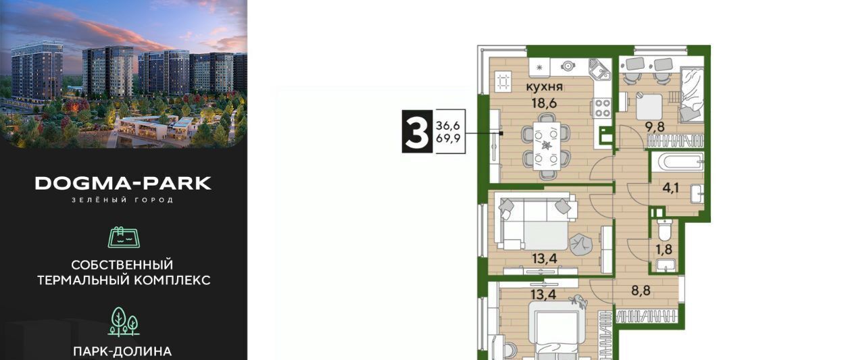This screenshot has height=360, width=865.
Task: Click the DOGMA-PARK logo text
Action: pyautogui.click(x=123, y=183)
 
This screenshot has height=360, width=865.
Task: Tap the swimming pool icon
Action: pyautogui.click(x=124, y=237)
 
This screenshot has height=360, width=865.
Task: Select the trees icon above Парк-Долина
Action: pyautogui.click(x=124, y=322)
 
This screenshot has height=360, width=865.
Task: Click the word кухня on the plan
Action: pyautogui.click(x=545, y=87)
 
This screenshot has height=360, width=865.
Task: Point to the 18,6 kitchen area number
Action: pyautogui.click(x=543, y=103)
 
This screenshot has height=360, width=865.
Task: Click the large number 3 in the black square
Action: pyautogui.click(x=417, y=132)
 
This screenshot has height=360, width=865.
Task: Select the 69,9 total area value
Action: pyautogui.click(x=448, y=138)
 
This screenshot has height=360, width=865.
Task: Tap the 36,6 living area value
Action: pyautogui.click(x=448, y=125)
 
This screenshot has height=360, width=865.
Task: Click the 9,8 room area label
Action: pyautogui.click(x=656, y=127)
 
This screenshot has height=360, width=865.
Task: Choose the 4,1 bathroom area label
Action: pyautogui.click(x=670, y=188)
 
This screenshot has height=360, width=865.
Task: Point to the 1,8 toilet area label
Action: pyautogui.click(x=664, y=250)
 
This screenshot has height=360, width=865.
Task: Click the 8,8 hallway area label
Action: pyautogui.click(x=641, y=290)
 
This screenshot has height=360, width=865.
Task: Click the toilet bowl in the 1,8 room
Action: pyautogui.click(x=664, y=230)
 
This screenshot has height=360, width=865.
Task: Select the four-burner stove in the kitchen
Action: pyautogui.click(x=601, y=107)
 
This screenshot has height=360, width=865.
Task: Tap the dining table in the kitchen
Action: pyautogui.click(x=546, y=147)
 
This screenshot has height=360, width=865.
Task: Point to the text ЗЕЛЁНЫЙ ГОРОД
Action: pyautogui.click(x=123, y=200)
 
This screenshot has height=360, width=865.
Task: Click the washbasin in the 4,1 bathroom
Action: pyautogui.click(x=697, y=194)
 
